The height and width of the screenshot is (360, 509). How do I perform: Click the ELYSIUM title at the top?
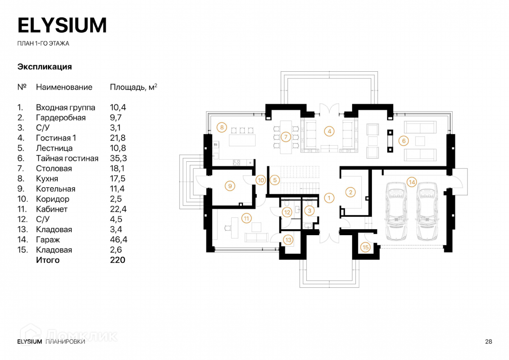click(x=62, y=25)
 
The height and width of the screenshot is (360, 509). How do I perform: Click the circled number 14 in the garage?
click(x=412, y=182)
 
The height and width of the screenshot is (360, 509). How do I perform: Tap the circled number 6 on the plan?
click(x=403, y=141)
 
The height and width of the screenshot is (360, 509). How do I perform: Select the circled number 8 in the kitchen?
click(x=222, y=127)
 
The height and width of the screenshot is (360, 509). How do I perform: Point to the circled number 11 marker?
click(x=246, y=218)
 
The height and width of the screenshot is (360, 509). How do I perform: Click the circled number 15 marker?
click(x=365, y=247)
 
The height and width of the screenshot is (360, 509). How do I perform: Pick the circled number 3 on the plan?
click(x=309, y=211)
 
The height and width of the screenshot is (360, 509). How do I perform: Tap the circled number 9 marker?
click(x=230, y=186)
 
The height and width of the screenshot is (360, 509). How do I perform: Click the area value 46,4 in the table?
click(x=118, y=240)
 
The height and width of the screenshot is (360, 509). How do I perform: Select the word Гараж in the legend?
click(x=48, y=240)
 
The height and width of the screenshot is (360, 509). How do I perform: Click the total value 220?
click(x=117, y=260)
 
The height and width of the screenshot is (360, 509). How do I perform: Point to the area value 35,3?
click(x=118, y=158)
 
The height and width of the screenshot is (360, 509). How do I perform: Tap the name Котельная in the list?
click(x=56, y=189)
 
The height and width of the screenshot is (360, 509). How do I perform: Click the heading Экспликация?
click(x=45, y=67)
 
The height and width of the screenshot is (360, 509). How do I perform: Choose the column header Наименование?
click(x=64, y=87)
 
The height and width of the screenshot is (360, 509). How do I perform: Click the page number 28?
click(x=489, y=342)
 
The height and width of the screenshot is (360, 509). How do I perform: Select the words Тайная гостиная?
click(x=67, y=158)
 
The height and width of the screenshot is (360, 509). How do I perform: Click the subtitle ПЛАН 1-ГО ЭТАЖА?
click(x=43, y=43)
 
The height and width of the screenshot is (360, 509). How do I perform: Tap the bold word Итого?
click(x=48, y=260)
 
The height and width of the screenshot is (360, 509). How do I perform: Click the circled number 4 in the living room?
click(x=329, y=131)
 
